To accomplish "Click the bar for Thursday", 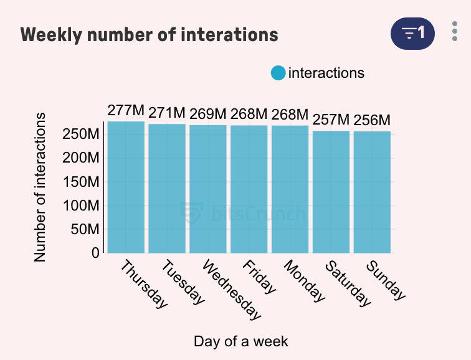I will pos(126,187).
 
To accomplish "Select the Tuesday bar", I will pos(167,188).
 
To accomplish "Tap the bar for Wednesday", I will pos(208,189).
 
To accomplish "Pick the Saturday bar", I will pos(331,192).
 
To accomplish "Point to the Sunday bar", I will pos(372,192).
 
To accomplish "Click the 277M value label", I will pos(126,111).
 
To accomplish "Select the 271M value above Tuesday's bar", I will pos(167,113).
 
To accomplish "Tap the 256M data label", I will pos(372,120).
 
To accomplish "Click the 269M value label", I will pos(208,114).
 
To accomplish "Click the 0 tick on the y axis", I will pos(95,253).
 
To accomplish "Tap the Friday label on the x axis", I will pos(259,277).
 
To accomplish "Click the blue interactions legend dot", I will pos(278,73).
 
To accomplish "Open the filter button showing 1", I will pos(412,32).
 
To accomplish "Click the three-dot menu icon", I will pos(455,32).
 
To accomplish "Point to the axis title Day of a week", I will pos(240,341).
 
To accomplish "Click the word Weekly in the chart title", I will pos(51,34).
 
